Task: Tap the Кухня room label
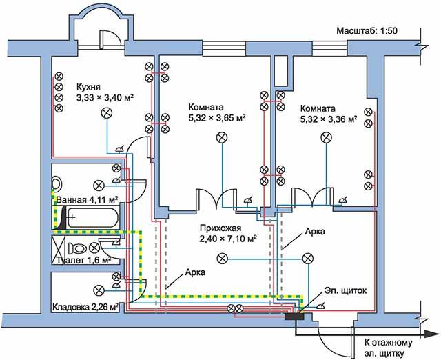coord(89,88)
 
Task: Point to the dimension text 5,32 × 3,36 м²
coord(329,119)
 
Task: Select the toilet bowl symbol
coord(77,248)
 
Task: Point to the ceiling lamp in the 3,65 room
coord(223,138)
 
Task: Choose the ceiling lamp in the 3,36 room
coord(323,138)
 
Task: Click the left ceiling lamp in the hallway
coord(222,258)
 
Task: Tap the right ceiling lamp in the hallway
coord(307,258)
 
